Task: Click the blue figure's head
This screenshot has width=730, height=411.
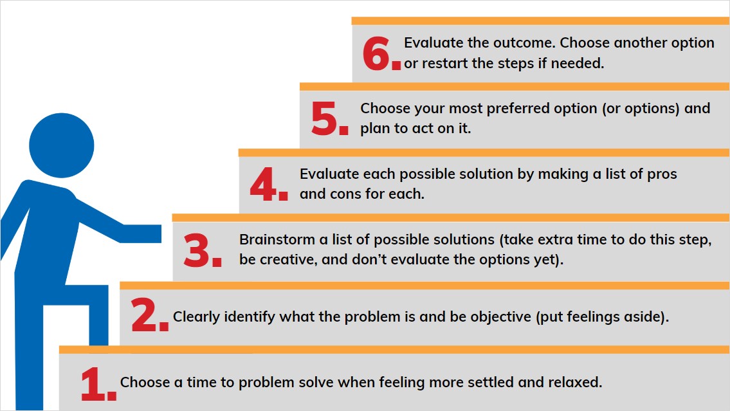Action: tap(62, 145)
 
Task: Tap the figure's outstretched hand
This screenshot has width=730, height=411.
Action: tap(145, 233)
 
